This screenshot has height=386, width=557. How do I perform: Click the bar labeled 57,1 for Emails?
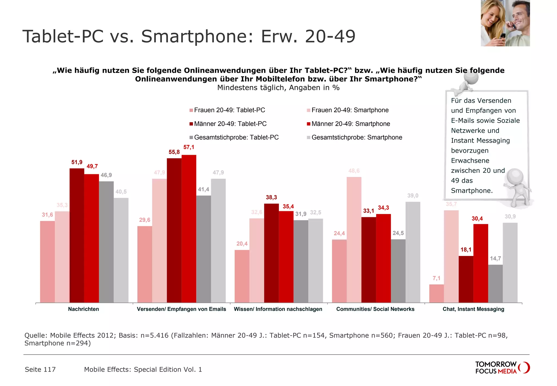point(189,229)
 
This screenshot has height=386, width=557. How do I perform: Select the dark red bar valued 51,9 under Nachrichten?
point(77,235)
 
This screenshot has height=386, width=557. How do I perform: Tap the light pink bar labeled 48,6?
point(354,240)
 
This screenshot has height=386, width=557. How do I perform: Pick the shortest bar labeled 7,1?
point(437,293)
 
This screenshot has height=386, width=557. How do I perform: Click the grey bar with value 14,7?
point(495,283)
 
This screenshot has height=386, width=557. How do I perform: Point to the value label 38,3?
point(271,197)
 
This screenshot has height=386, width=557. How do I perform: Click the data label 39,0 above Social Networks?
point(413,196)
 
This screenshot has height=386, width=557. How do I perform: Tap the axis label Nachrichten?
point(83,309)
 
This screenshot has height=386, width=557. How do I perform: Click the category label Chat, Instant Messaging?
point(473,309)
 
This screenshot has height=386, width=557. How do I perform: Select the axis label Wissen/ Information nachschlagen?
point(278,309)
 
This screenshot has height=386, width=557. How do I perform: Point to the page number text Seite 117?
point(40,369)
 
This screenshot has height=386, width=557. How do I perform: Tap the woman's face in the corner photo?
point(491,16)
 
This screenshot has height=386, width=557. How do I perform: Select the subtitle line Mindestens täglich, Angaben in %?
point(278,88)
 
